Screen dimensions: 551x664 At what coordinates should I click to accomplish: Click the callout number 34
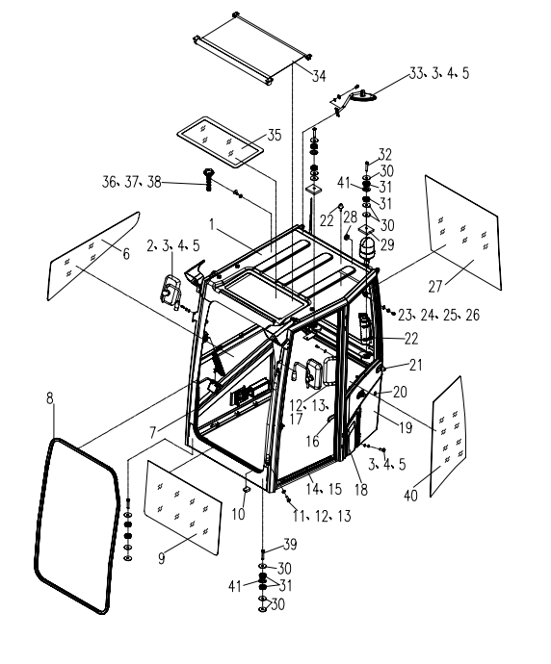click(319, 76)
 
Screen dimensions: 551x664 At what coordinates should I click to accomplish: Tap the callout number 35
click(275, 135)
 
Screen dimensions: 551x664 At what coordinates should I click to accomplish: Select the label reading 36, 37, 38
click(132, 182)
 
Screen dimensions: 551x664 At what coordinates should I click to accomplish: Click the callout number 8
click(50, 398)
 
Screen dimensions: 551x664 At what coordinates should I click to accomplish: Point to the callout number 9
click(161, 558)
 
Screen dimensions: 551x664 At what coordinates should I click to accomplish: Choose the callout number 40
click(410, 495)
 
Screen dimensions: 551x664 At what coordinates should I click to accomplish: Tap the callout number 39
click(290, 544)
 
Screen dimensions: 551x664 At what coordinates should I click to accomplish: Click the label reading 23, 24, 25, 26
click(438, 315)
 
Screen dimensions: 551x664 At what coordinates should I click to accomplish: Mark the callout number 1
click(212, 224)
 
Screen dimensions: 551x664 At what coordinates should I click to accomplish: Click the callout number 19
click(406, 427)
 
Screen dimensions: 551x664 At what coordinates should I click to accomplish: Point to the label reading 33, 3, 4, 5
click(439, 73)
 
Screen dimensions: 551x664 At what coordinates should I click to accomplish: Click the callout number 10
click(238, 514)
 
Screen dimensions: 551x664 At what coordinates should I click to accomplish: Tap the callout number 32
click(385, 154)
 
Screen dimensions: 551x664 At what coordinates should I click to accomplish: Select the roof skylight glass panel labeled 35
click(221, 140)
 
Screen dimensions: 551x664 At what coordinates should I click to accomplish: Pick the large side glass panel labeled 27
click(463, 233)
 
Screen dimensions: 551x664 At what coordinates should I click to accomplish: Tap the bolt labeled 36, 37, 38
click(208, 179)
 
